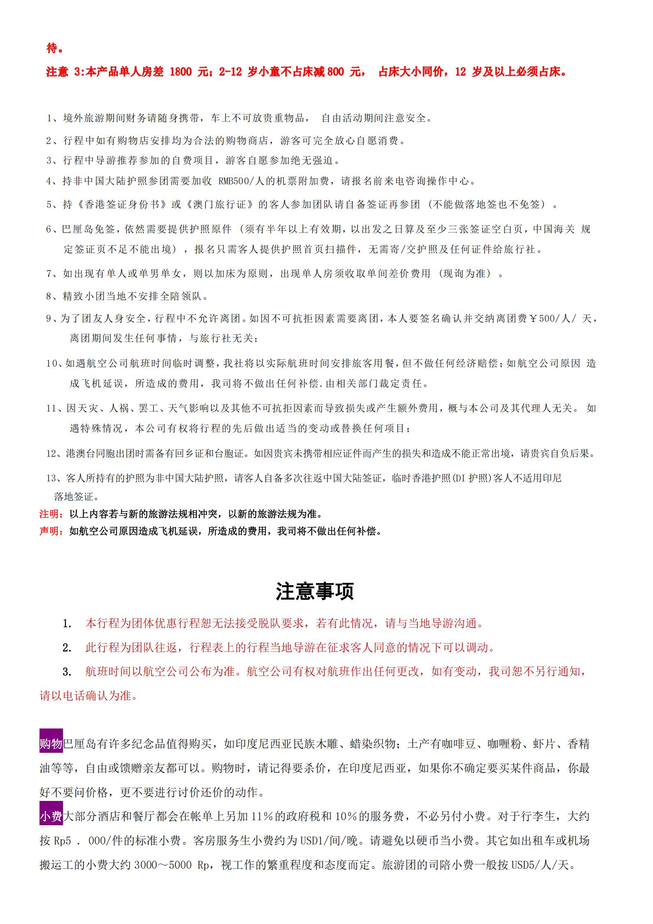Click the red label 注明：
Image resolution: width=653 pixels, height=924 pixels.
point(51,514)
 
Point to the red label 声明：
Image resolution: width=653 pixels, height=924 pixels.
point(51,531)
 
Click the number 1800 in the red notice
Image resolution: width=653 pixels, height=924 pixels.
point(181,72)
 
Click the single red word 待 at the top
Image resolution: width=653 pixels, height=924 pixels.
point(52,49)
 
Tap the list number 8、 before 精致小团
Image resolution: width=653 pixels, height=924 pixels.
point(53,296)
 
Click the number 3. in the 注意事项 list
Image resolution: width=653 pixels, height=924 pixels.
point(67,672)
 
